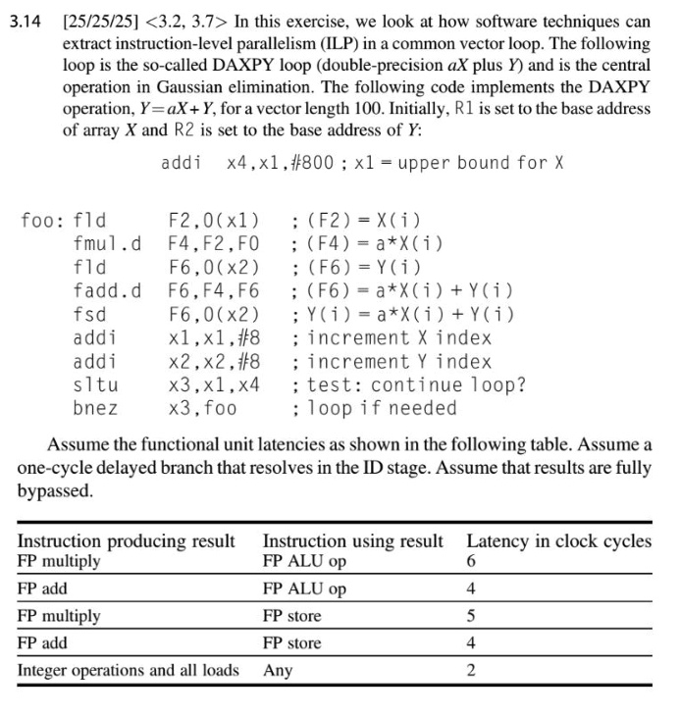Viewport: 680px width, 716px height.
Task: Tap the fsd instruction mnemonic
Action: tap(90, 314)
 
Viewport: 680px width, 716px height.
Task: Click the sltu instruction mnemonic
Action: tap(95, 384)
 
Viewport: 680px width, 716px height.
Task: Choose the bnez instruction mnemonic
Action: tap(95, 408)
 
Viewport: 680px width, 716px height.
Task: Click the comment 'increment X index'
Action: tap(392, 337)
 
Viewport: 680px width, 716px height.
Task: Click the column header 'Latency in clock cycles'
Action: tap(558, 541)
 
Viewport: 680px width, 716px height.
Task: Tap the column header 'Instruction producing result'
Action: tap(127, 541)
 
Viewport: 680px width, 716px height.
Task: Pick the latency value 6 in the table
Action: tap(472, 562)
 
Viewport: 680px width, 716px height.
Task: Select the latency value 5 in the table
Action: tap(472, 616)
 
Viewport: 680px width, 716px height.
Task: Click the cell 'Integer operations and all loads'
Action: tap(129, 670)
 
